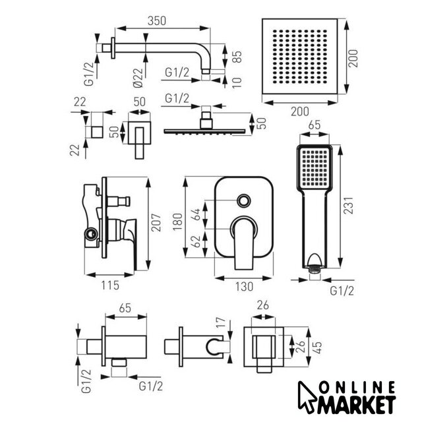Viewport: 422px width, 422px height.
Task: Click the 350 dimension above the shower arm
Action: (157, 21)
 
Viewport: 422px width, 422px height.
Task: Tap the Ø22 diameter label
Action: (138, 78)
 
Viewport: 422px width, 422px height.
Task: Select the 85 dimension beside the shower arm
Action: (237, 57)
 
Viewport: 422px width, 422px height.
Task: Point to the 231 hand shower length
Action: (348, 206)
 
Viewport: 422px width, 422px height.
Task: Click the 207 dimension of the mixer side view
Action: (156, 223)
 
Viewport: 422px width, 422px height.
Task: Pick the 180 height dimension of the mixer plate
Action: (177, 222)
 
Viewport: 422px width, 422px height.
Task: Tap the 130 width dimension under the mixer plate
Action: (244, 286)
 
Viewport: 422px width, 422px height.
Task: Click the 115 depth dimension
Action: (110, 286)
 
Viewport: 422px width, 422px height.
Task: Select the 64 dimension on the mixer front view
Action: (196, 214)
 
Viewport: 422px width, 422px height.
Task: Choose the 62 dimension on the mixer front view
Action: (196, 241)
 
